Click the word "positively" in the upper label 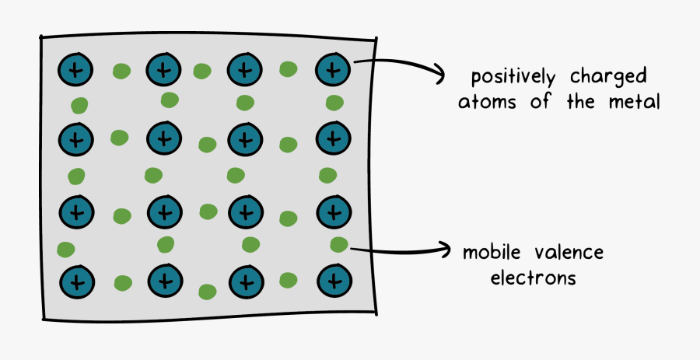512,78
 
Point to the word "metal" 633,102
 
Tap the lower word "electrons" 533,278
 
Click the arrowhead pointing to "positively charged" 439,76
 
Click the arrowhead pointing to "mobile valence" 446,250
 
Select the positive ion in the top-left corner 75,71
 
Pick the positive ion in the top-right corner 333,71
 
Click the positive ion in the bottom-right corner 333,280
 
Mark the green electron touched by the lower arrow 339,245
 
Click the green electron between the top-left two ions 121,72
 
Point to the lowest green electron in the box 208,292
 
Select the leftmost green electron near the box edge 66,250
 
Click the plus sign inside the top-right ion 333,71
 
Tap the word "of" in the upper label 538,102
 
